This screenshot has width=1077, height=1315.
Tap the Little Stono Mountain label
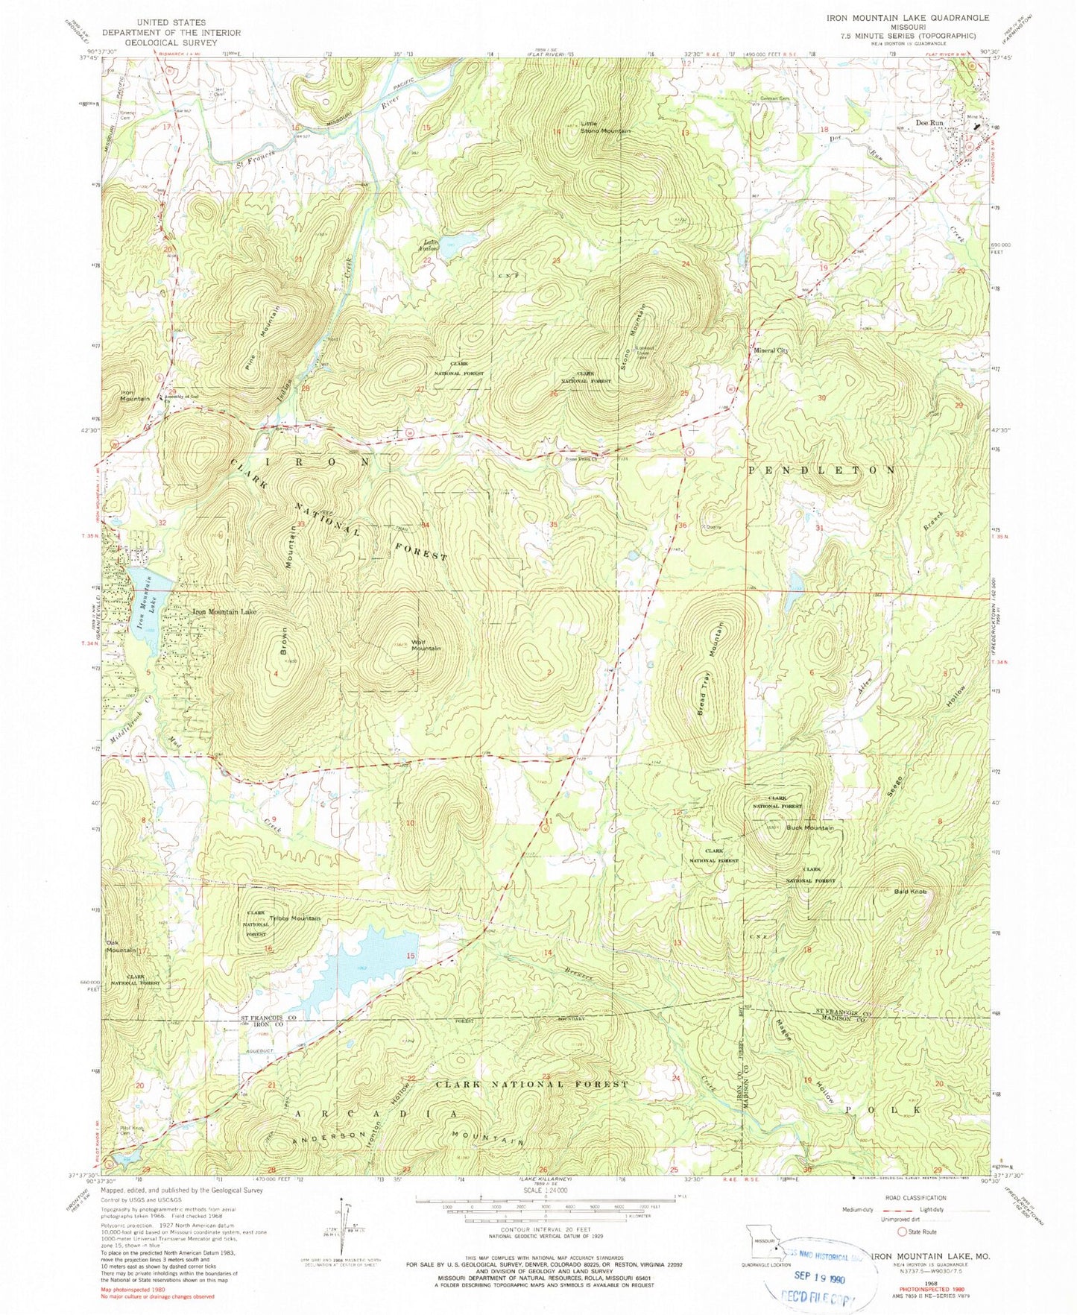point(605,127)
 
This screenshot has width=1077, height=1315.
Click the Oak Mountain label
point(121,945)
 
